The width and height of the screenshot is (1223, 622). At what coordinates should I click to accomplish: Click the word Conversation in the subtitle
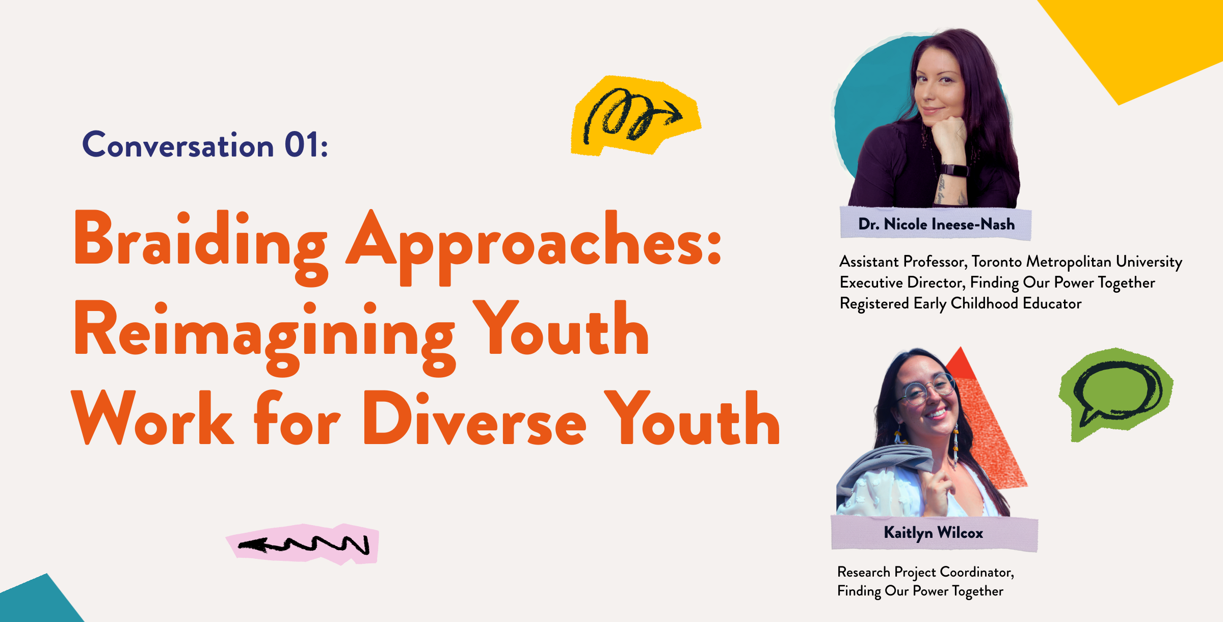[178, 145]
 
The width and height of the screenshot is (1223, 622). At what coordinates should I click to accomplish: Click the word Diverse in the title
[474, 418]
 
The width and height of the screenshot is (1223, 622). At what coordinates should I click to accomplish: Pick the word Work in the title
[152, 418]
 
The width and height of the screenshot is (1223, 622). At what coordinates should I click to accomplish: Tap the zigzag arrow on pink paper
[303, 544]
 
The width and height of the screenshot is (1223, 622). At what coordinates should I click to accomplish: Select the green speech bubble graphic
[1115, 394]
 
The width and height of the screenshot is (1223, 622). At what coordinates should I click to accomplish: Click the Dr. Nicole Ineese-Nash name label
[936, 224]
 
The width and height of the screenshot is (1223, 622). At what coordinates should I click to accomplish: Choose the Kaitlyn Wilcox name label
[934, 533]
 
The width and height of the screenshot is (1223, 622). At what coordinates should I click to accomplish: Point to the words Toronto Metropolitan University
[1077, 262]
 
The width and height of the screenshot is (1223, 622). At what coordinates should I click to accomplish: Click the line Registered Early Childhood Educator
[961, 303]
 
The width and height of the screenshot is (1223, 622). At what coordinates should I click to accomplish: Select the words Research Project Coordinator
[925, 572]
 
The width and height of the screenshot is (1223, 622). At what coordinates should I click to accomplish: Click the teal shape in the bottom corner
[38, 602]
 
